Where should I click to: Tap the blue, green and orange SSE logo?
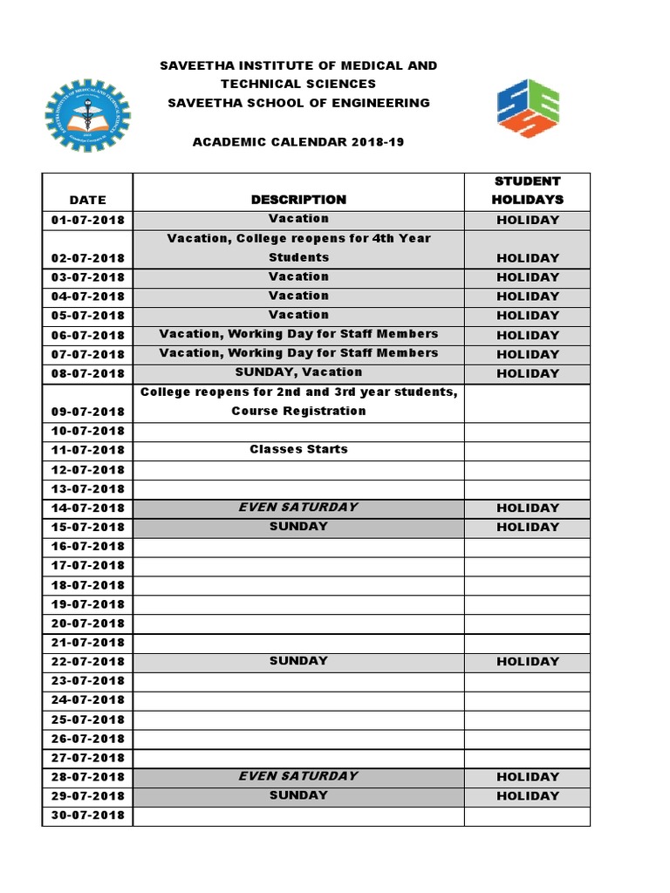pyautogui.click(x=528, y=108)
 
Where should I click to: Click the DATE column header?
pyautogui.click(x=87, y=200)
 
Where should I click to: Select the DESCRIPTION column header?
pyautogui.click(x=298, y=200)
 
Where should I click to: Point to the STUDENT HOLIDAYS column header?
pyautogui.click(x=527, y=190)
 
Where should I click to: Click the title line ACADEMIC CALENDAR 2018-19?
pyautogui.click(x=298, y=141)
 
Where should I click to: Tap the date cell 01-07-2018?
pyautogui.click(x=87, y=220)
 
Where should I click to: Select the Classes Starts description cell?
pyautogui.click(x=298, y=449)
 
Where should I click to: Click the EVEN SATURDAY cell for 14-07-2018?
pyautogui.click(x=298, y=507)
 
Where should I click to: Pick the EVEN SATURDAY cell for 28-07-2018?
pyautogui.click(x=298, y=775)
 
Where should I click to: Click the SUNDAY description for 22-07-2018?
pyautogui.click(x=298, y=660)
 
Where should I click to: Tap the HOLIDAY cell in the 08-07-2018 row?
pyautogui.click(x=527, y=373)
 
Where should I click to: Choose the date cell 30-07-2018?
pyautogui.click(x=87, y=815)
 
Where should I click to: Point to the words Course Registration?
pyautogui.click(x=298, y=411)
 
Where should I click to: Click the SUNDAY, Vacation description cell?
pyautogui.click(x=298, y=372)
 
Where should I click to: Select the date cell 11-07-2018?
pyautogui.click(x=87, y=450)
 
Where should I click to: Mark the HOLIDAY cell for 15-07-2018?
pyautogui.click(x=527, y=527)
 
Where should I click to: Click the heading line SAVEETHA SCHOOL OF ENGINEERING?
pyautogui.click(x=298, y=102)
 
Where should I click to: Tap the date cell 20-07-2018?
pyautogui.click(x=87, y=623)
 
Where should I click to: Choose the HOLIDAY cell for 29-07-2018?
pyautogui.click(x=527, y=795)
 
